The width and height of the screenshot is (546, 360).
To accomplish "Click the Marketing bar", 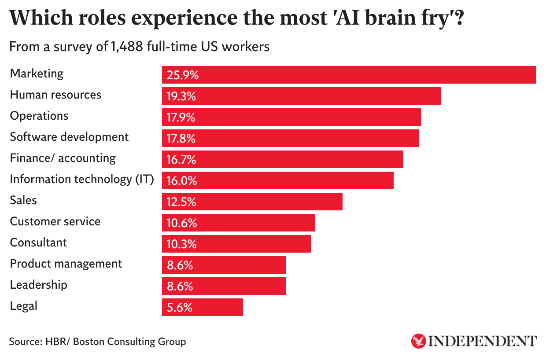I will pyautogui.click(x=349, y=75).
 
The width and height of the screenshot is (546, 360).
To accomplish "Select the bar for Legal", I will pyautogui.click(x=203, y=307).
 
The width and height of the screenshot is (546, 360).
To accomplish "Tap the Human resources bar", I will pyautogui.click(x=301, y=96).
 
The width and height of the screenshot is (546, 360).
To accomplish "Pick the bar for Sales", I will pyautogui.click(x=252, y=202).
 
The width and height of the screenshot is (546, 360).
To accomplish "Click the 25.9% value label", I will pyautogui.click(x=183, y=75).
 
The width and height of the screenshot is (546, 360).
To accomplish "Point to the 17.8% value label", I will pyautogui.click(x=181, y=139).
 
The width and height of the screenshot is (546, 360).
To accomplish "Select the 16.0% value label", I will pyautogui.click(x=181, y=181).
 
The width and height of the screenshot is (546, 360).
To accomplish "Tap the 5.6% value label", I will pyautogui.click(x=179, y=308).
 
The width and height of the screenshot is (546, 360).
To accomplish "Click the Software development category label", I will pyautogui.click(x=69, y=136).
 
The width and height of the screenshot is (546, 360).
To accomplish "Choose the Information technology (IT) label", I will pyautogui.click(x=82, y=179).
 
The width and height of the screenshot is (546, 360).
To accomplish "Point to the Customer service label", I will pyautogui.click(x=55, y=221).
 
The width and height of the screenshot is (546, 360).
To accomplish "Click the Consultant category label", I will pyautogui.click(x=38, y=242).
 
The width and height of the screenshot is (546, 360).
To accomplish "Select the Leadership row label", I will pyautogui.click(x=39, y=284).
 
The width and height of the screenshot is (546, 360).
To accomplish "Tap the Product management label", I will pyautogui.click(x=66, y=263).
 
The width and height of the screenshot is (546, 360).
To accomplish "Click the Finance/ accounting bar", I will pyautogui.click(x=282, y=159).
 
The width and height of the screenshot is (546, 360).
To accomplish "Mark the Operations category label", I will pyautogui.click(x=39, y=115).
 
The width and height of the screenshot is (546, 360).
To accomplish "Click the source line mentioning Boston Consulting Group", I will pyautogui.click(x=97, y=341).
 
